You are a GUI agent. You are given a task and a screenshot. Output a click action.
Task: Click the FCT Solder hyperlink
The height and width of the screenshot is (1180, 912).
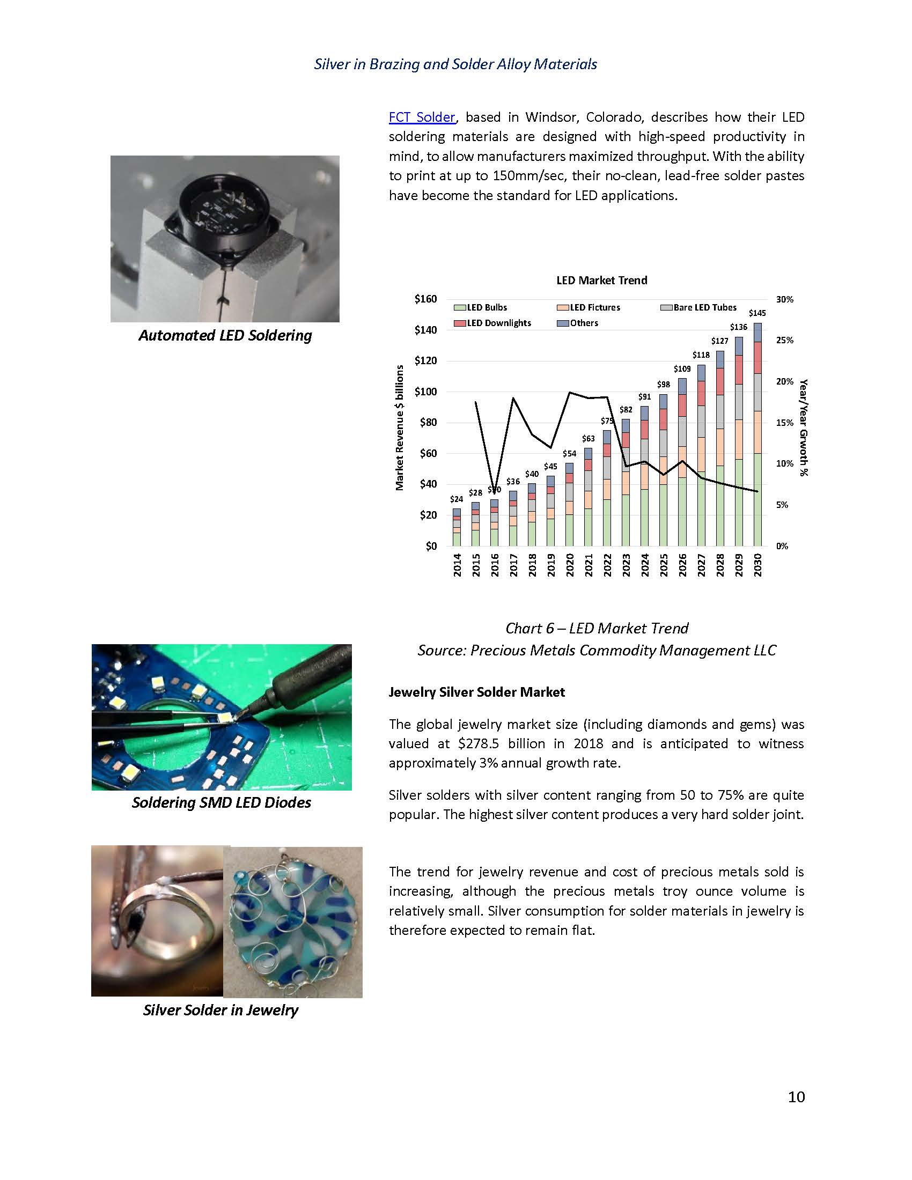point(422,117)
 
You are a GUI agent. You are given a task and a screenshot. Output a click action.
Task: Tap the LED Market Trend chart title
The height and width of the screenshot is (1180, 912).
point(601,281)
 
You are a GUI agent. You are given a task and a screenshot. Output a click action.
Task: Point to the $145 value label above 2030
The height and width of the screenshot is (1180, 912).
point(757,313)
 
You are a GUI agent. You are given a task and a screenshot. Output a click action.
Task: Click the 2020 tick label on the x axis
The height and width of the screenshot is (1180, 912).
point(569,565)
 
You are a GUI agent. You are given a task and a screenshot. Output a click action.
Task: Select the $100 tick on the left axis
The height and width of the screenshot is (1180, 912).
point(425,392)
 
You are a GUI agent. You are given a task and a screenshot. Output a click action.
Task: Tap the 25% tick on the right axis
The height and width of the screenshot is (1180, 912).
point(784,341)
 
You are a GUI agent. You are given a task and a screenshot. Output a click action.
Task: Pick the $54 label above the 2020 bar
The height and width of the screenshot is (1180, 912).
point(569,454)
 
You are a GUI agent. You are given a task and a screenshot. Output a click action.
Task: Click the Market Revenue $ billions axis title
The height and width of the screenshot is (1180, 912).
point(400,428)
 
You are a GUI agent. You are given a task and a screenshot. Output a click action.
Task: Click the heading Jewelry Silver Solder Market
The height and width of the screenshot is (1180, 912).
point(476,692)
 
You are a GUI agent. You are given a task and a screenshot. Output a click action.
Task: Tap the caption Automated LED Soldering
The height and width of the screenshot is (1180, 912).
point(225,336)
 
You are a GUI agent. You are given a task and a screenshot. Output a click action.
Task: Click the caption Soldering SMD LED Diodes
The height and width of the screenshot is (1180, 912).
point(222,802)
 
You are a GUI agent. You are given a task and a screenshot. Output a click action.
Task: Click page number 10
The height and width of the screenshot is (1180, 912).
point(796,1097)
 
